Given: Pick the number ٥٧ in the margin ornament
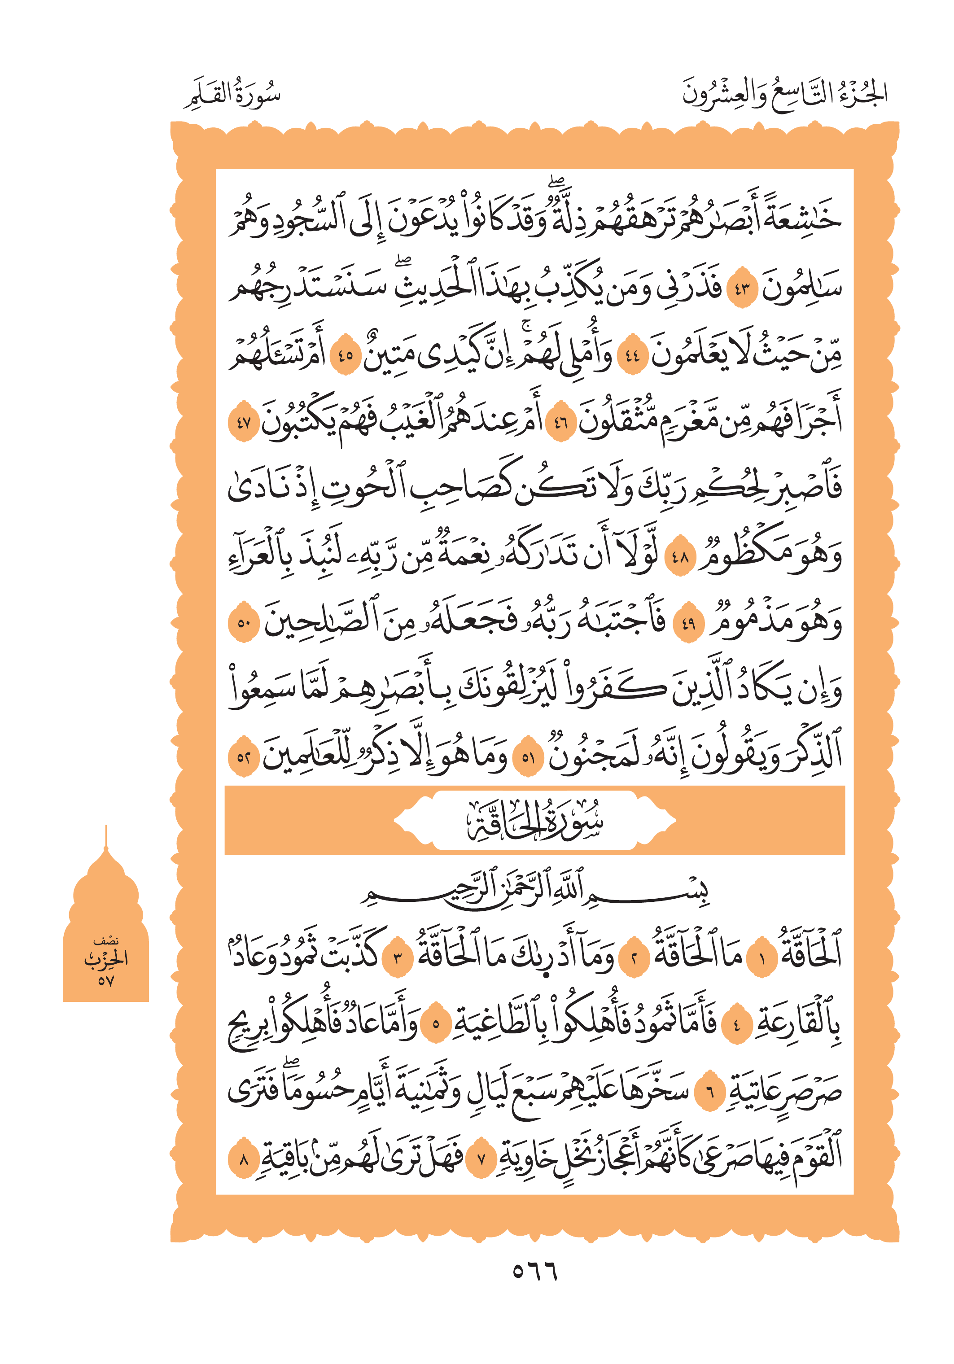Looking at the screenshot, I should [x=106, y=980].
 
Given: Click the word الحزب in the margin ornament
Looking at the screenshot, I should [x=106, y=957].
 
